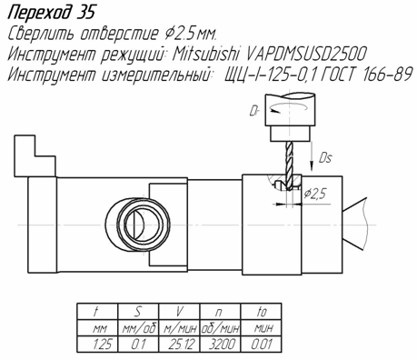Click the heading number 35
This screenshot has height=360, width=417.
pyautogui.click(x=85, y=13)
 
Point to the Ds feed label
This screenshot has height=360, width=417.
pyautogui.click(x=325, y=158)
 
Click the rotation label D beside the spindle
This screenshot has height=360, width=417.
pyautogui.click(x=253, y=111)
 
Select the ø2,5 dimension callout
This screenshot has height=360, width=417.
pyautogui.click(x=315, y=193)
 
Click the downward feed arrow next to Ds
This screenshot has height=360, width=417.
pyautogui.click(x=312, y=155)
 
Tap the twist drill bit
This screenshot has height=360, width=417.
pyautogui.click(x=290, y=165)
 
